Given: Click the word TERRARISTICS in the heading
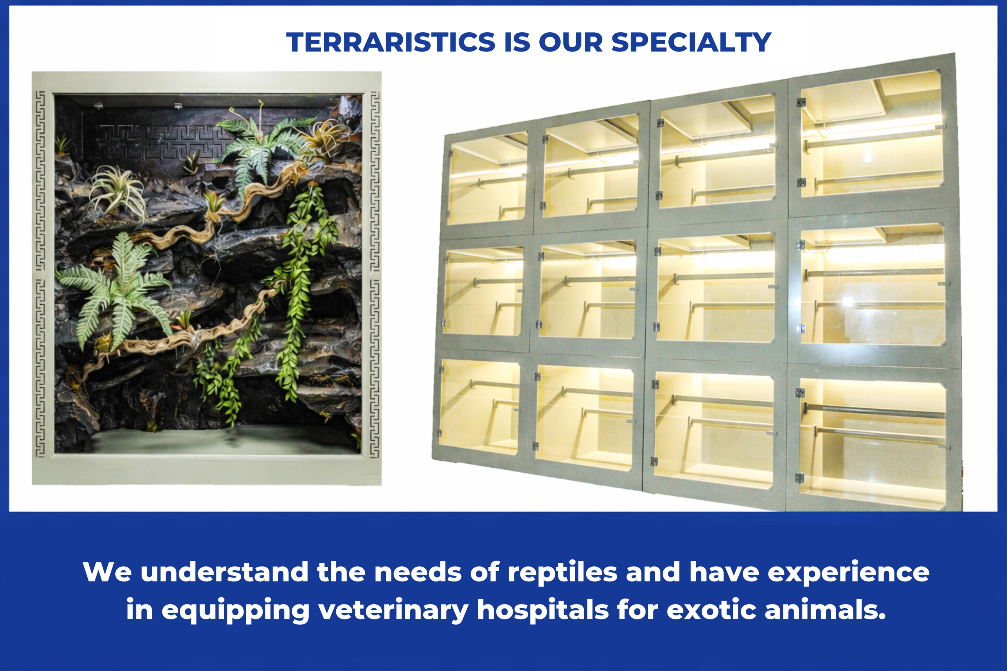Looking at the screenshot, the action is (x=391, y=42).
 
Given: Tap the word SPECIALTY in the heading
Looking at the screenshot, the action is (x=691, y=42).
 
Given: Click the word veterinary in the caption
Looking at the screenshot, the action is (x=393, y=610).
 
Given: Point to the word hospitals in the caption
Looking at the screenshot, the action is (x=542, y=609).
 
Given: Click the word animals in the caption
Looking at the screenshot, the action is (x=824, y=609).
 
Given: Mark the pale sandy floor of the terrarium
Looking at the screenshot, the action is (x=223, y=439).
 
